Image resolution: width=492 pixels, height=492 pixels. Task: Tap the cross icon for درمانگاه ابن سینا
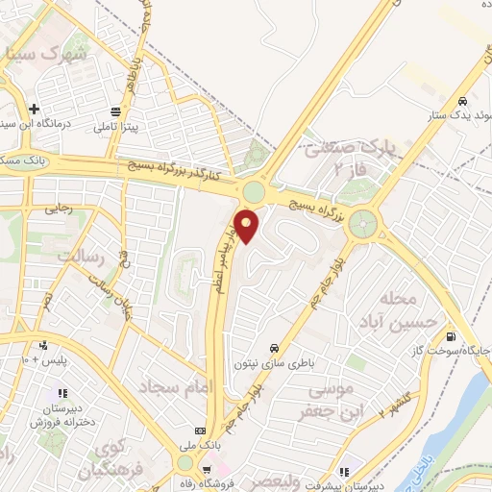35,109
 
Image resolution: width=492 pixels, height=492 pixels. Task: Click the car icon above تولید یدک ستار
463,100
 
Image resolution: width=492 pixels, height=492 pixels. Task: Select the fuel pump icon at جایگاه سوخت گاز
451,335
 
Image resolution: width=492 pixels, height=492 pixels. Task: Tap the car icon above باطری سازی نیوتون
275,347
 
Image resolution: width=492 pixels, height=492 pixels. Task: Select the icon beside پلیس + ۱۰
42,346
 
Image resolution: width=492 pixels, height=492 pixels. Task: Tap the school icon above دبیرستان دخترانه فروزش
62,393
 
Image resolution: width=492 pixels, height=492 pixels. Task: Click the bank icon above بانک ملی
200,430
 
